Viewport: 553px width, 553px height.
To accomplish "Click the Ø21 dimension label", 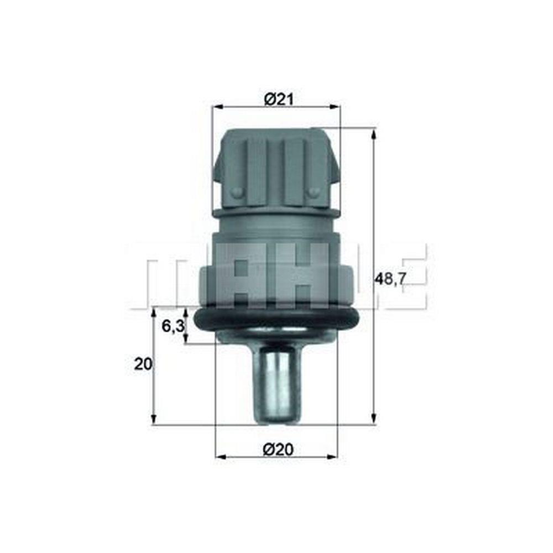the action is [x=278, y=100].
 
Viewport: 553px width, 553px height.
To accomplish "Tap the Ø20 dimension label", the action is [x=278, y=450].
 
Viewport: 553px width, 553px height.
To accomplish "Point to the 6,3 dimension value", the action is [x=173, y=326].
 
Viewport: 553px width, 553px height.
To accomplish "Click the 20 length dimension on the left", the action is [x=143, y=364].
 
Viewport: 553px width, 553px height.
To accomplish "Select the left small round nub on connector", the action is [x=237, y=192].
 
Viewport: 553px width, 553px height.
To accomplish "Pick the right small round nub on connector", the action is [x=314, y=192].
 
